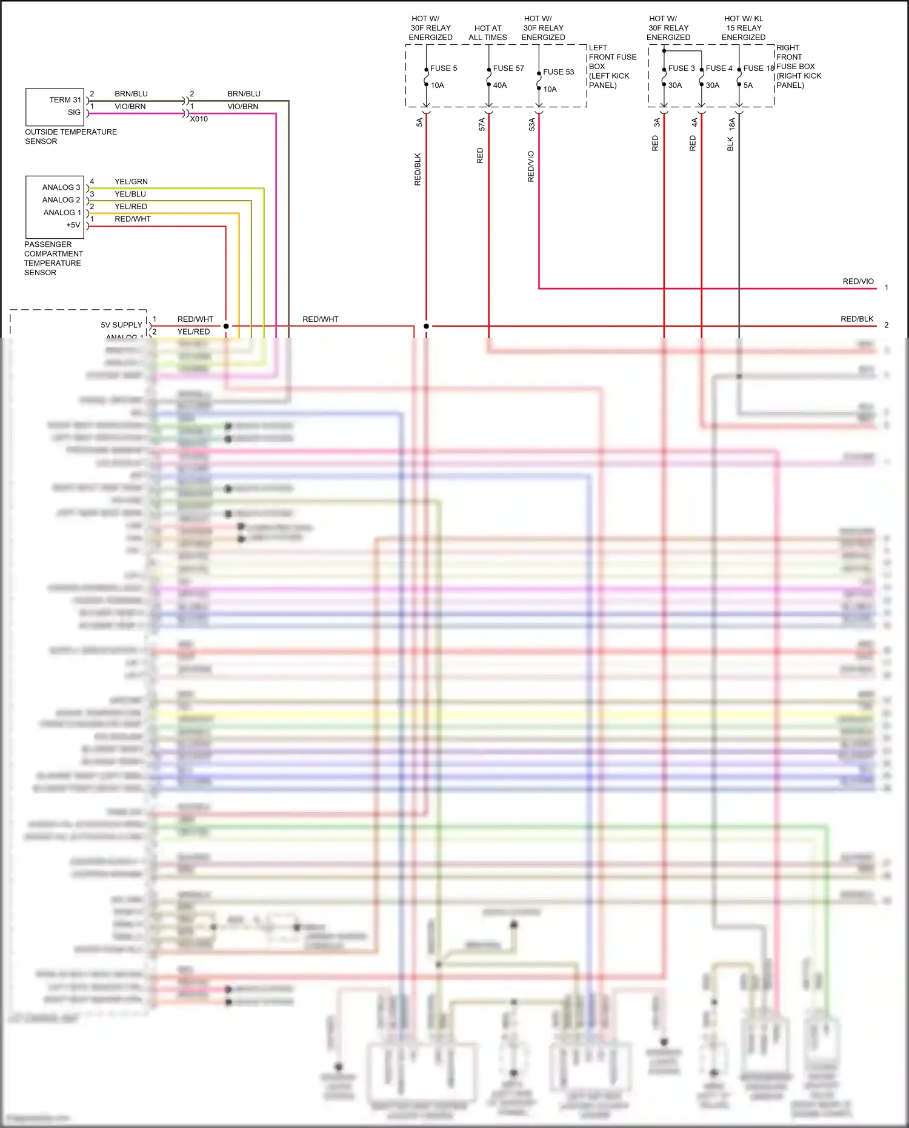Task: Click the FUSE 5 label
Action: [444, 68]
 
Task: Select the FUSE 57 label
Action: [508, 68]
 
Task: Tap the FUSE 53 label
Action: [558, 72]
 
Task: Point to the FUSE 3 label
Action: [681, 68]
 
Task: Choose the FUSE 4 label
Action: [719, 68]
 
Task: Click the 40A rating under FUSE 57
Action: [500, 85]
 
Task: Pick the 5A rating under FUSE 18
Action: [748, 85]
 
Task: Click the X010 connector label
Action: [199, 119]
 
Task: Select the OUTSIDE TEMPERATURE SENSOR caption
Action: [70, 136]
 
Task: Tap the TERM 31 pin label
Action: [65, 100]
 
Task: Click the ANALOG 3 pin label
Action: [61, 188]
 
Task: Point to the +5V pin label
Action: [73, 225]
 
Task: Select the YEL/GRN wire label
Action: [131, 182]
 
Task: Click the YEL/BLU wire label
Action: [130, 195]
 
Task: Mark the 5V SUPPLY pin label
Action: [121, 325]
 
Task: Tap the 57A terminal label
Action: [482, 124]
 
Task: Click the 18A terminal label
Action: [732, 124]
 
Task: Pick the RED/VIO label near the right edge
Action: [858, 282]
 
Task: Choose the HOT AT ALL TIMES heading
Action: [488, 33]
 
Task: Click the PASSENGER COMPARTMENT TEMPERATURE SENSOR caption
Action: [53, 259]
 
